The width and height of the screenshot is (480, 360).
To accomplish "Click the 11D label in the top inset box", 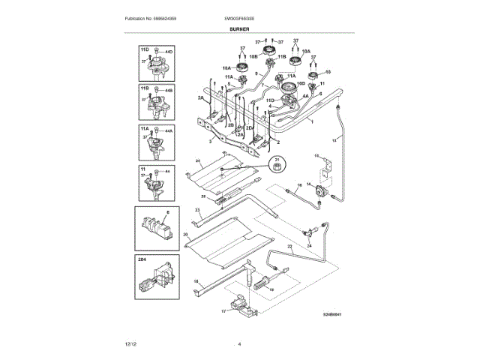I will coord(142,48).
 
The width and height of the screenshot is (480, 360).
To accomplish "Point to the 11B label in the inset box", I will coord(142,88).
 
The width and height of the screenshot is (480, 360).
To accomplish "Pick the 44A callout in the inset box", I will coord(169,131).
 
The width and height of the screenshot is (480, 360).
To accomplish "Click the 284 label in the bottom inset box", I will coord(142,259).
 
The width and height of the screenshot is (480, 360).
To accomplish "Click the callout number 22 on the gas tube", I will coord(289,246).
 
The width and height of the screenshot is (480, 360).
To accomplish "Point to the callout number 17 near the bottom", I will coord(223,310).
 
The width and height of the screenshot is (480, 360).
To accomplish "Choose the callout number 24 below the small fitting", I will coord(308,245).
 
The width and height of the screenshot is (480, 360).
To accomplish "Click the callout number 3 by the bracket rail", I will coord(199,140).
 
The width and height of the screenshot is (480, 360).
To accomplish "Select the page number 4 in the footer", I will coord(240,343).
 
